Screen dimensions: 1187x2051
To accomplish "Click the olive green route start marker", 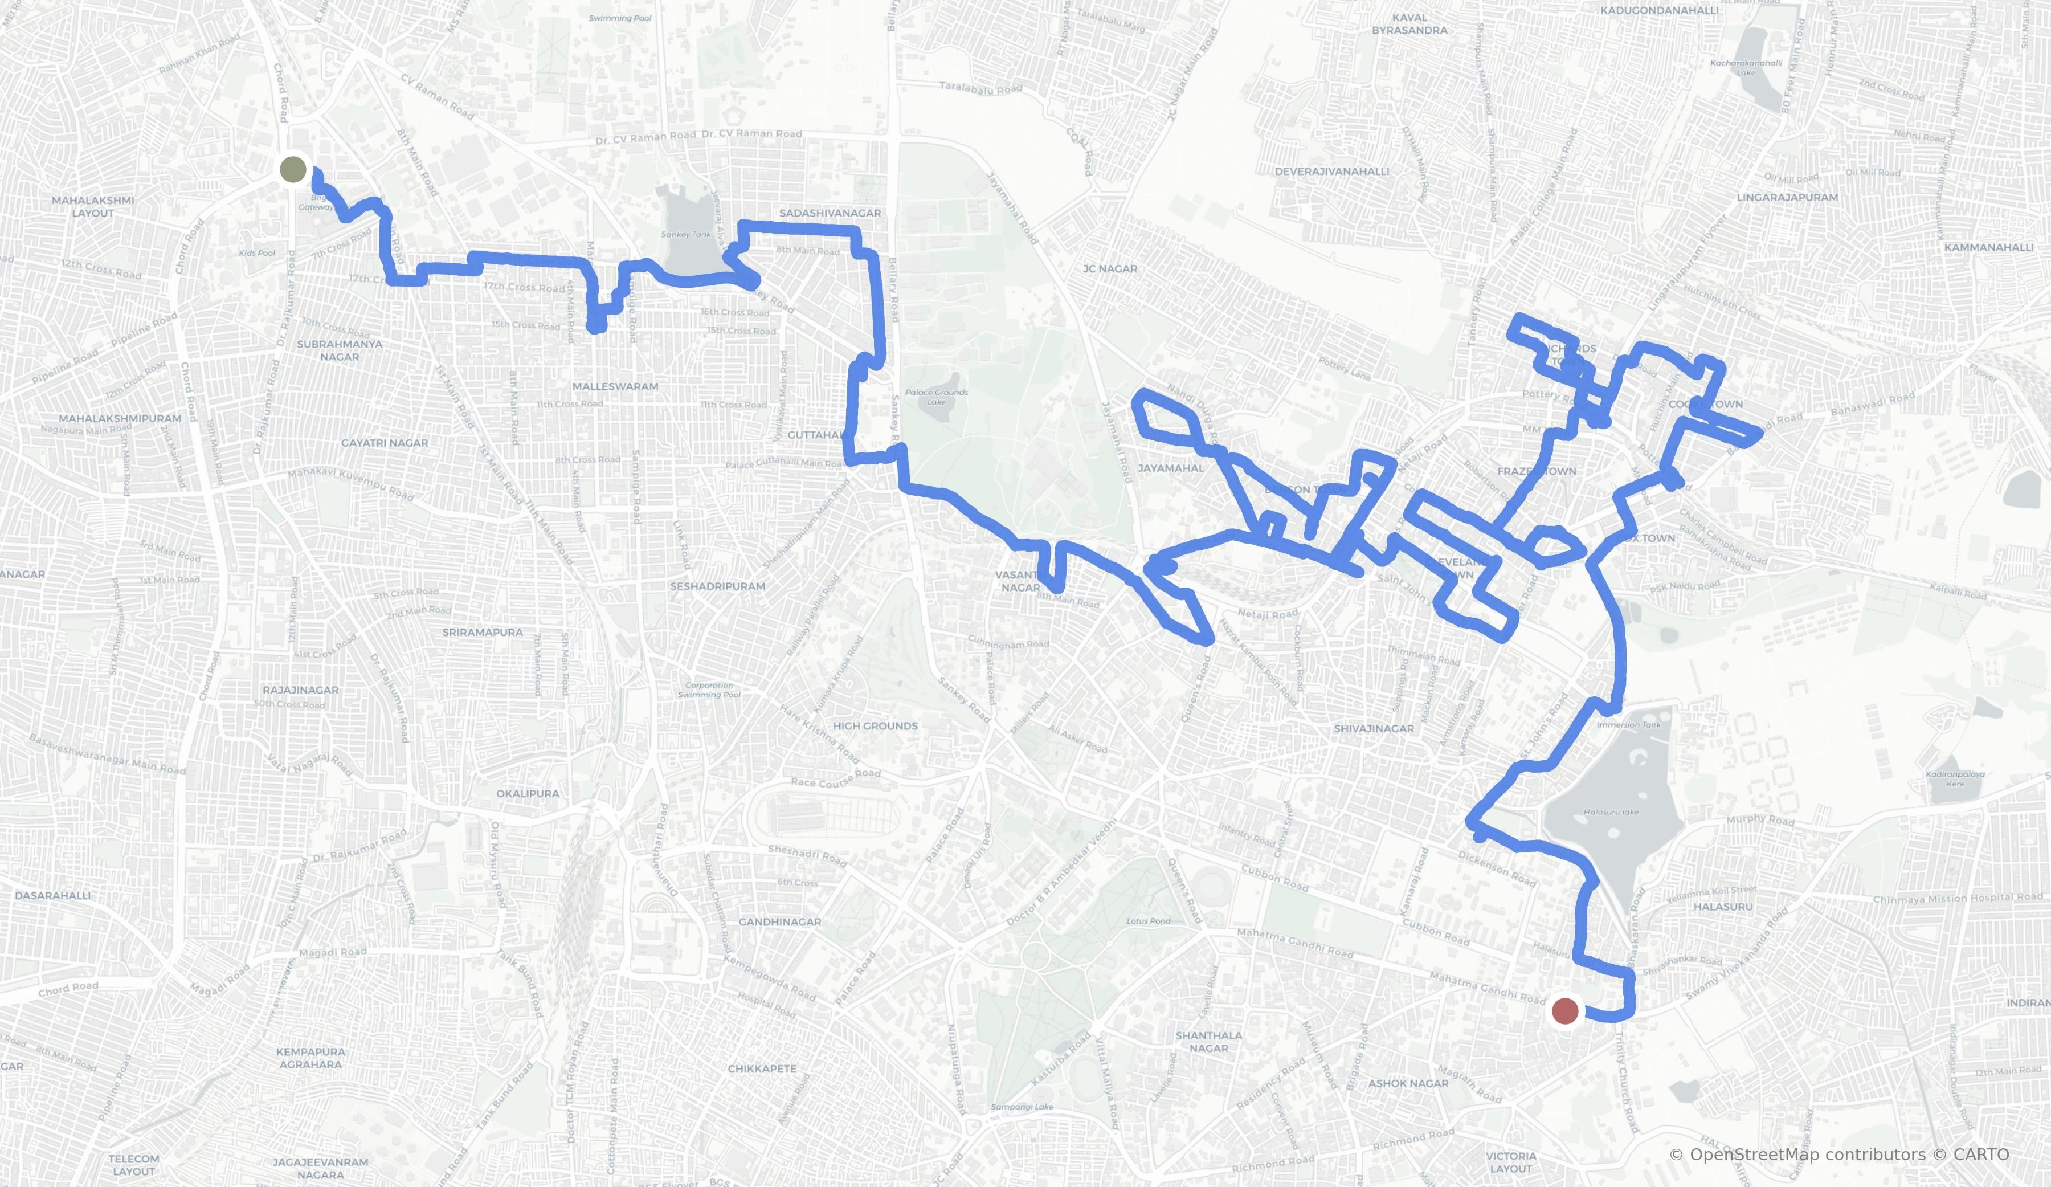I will [x=293, y=170].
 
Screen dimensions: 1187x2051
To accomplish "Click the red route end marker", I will [x=1565, y=1011].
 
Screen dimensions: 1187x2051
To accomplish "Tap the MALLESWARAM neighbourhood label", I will [x=615, y=386].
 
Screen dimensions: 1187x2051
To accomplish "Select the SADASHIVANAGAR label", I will [x=830, y=213].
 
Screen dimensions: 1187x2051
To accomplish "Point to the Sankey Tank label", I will [x=686, y=234].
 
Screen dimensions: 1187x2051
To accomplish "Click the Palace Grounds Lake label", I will [x=937, y=397].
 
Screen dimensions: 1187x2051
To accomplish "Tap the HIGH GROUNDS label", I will [x=875, y=725].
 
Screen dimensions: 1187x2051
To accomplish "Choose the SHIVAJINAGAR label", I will [x=1374, y=729].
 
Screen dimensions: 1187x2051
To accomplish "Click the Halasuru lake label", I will [x=1612, y=811].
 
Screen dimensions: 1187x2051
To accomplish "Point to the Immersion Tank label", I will [x=1629, y=725].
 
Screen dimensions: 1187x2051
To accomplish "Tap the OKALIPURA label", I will [x=528, y=793].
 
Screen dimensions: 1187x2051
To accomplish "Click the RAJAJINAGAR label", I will [x=300, y=690].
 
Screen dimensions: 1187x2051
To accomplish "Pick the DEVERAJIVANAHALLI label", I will [x=1331, y=171].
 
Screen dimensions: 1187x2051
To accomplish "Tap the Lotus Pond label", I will [x=1149, y=921].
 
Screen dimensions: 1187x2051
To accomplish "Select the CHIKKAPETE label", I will [x=762, y=1068].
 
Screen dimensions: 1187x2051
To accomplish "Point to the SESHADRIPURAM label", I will [x=717, y=586].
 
